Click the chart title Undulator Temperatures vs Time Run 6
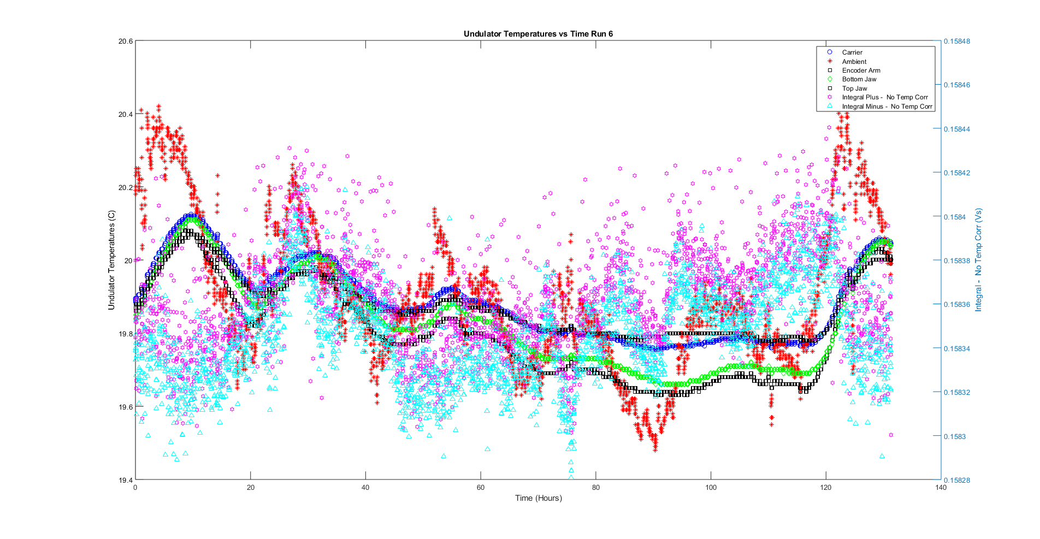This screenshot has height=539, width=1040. [x=538, y=34]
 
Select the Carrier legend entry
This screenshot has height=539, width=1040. [x=852, y=52]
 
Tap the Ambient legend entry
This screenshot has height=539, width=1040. [x=854, y=62]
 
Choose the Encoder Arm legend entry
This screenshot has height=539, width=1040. [x=861, y=70]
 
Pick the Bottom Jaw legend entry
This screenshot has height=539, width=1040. [x=859, y=79]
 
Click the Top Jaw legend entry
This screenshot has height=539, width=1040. [x=854, y=88]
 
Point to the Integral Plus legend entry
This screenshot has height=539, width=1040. [x=884, y=97]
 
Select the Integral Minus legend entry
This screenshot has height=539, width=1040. [x=887, y=106]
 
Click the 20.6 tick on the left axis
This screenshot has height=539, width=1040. [x=125, y=42]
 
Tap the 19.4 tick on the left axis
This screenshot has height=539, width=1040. [x=125, y=481]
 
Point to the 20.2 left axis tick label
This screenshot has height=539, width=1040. [x=125, y=187]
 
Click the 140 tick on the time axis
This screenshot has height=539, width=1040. [x=941, y=488]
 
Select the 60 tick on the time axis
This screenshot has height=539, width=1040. [x=481, y=488]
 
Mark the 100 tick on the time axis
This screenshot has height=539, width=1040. [x=711, y=488]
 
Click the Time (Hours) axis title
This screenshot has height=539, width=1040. [x=538, y=498]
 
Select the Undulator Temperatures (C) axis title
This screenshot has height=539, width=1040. [x=111, y=260]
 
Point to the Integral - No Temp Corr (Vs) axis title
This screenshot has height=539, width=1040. [x=978, y=260]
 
